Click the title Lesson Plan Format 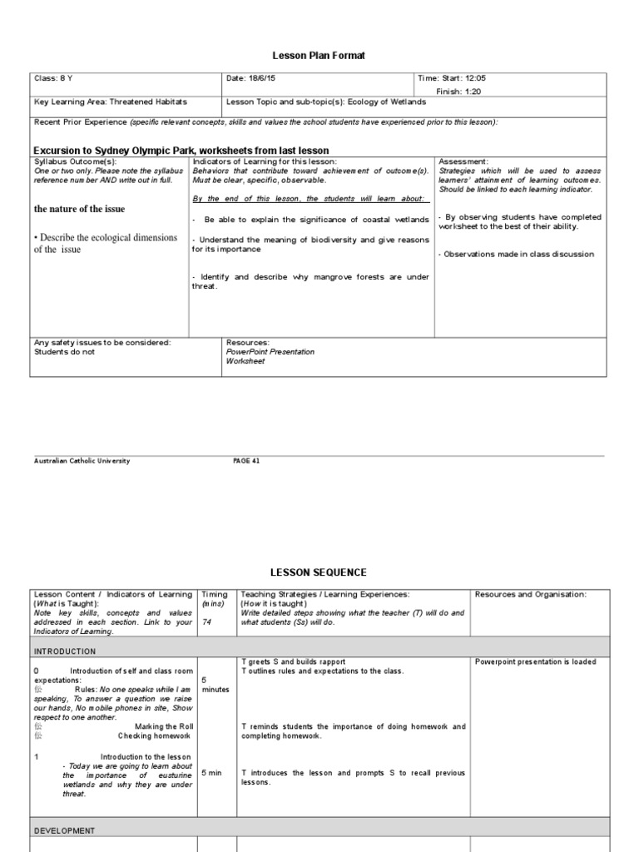(319, 55)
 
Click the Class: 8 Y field (53, 79)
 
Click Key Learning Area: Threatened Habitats (110, 102)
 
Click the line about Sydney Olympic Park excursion (181, 151)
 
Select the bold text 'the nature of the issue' (80, 208)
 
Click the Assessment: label (463, 161)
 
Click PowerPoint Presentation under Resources (270, 352)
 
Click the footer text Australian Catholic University (82, 460)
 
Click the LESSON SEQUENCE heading (319, 572)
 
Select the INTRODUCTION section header (65, 651)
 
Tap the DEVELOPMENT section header (64, 830)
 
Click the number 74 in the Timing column (206, 621)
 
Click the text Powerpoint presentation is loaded (535, 662)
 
